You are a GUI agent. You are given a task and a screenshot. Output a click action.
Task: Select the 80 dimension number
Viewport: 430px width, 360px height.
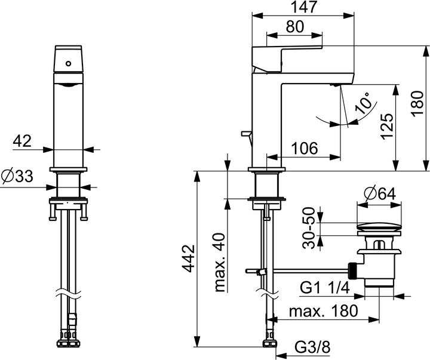click(295, 27)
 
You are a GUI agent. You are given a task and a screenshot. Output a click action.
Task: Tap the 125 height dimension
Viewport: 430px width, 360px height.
click(386, 127)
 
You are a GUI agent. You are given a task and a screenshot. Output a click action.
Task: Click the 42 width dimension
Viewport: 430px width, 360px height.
click(22, 141)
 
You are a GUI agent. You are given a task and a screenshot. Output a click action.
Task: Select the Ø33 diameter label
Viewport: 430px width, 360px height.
click(17, 176)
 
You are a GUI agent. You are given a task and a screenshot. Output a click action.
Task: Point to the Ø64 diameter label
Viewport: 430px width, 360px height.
click(379, 194)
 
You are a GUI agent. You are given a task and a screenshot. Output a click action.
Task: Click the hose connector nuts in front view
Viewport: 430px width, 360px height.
click(70, 344)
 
